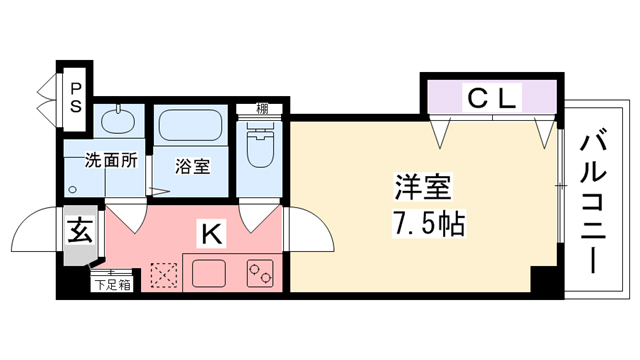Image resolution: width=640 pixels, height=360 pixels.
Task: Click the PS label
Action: pos(76,96)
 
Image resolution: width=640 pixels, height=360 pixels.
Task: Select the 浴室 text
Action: pos(194,166)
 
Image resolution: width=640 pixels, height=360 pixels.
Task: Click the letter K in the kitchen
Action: pos(211,235)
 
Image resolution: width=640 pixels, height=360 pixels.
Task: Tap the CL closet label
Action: pos(491,98)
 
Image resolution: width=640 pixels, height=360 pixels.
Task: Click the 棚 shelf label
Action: pos(261,108)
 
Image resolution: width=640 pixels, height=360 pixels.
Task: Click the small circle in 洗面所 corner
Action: pos(72,188)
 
